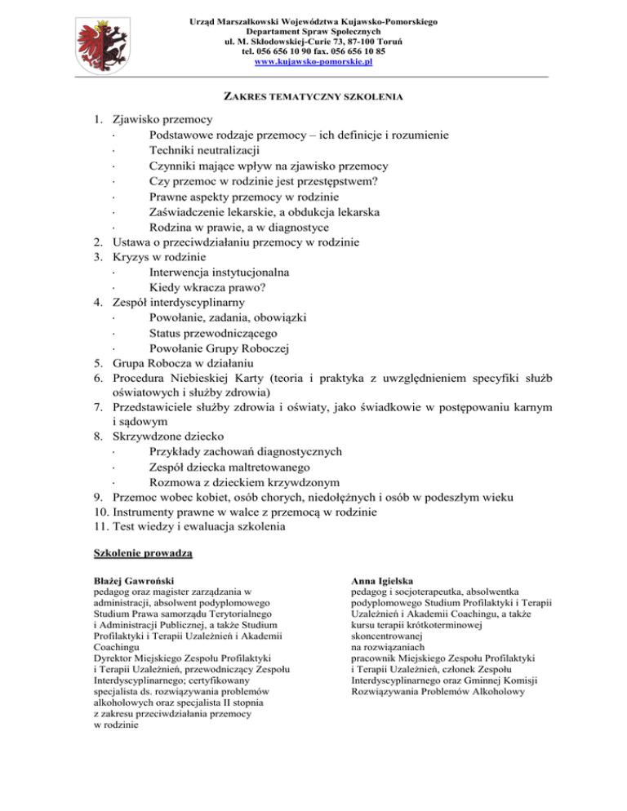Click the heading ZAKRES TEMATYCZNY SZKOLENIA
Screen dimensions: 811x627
click(313, 96)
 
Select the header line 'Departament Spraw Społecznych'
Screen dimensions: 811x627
click(313, 29)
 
